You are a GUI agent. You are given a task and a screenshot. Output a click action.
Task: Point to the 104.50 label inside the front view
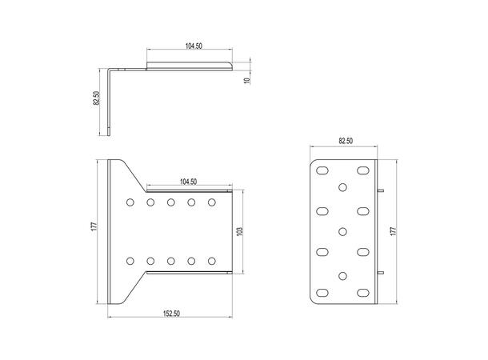189,182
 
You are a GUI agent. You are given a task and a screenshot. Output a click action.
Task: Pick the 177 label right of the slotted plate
393,231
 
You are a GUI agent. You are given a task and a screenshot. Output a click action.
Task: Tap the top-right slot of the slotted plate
362,172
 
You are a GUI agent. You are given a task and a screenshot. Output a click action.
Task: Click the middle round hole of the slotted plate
343,232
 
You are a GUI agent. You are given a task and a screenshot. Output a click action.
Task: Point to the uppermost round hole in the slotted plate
343,188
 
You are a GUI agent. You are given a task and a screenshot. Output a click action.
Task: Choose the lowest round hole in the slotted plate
343,276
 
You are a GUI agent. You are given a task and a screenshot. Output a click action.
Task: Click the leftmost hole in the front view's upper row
130,203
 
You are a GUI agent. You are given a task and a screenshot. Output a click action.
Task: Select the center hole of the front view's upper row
171,203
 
